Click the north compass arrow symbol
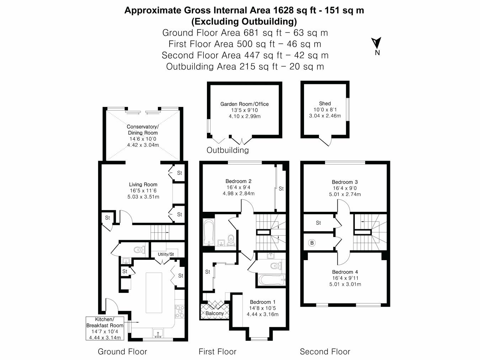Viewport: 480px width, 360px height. [376, 43]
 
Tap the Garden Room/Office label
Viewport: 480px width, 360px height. [244, 104]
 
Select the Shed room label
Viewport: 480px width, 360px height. [325, 104]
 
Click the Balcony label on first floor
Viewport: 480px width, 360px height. [215, 313]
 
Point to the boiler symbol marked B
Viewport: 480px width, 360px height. [312, 243]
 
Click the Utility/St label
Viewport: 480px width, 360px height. [166, 254]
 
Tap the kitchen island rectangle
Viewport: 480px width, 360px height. [154, 292]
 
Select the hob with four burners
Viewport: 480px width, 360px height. [180, 311]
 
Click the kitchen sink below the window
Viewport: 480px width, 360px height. [158, 333]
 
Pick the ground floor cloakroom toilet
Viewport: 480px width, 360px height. [139, 250]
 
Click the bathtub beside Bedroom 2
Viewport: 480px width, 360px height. [208, 232]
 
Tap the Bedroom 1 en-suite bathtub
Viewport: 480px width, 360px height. [271, 280]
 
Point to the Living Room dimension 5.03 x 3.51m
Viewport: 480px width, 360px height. [143, 197]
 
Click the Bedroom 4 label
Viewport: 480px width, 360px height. [345, 272]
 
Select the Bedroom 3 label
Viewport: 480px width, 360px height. [345, 182]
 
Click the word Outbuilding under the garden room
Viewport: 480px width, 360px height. [228, 150]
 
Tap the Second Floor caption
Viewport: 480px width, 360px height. [325, 352]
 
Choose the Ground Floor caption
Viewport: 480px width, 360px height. [122, 352]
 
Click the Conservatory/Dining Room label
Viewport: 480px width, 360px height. [143, 130]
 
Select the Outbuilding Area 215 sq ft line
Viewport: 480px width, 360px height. [245, 66]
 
